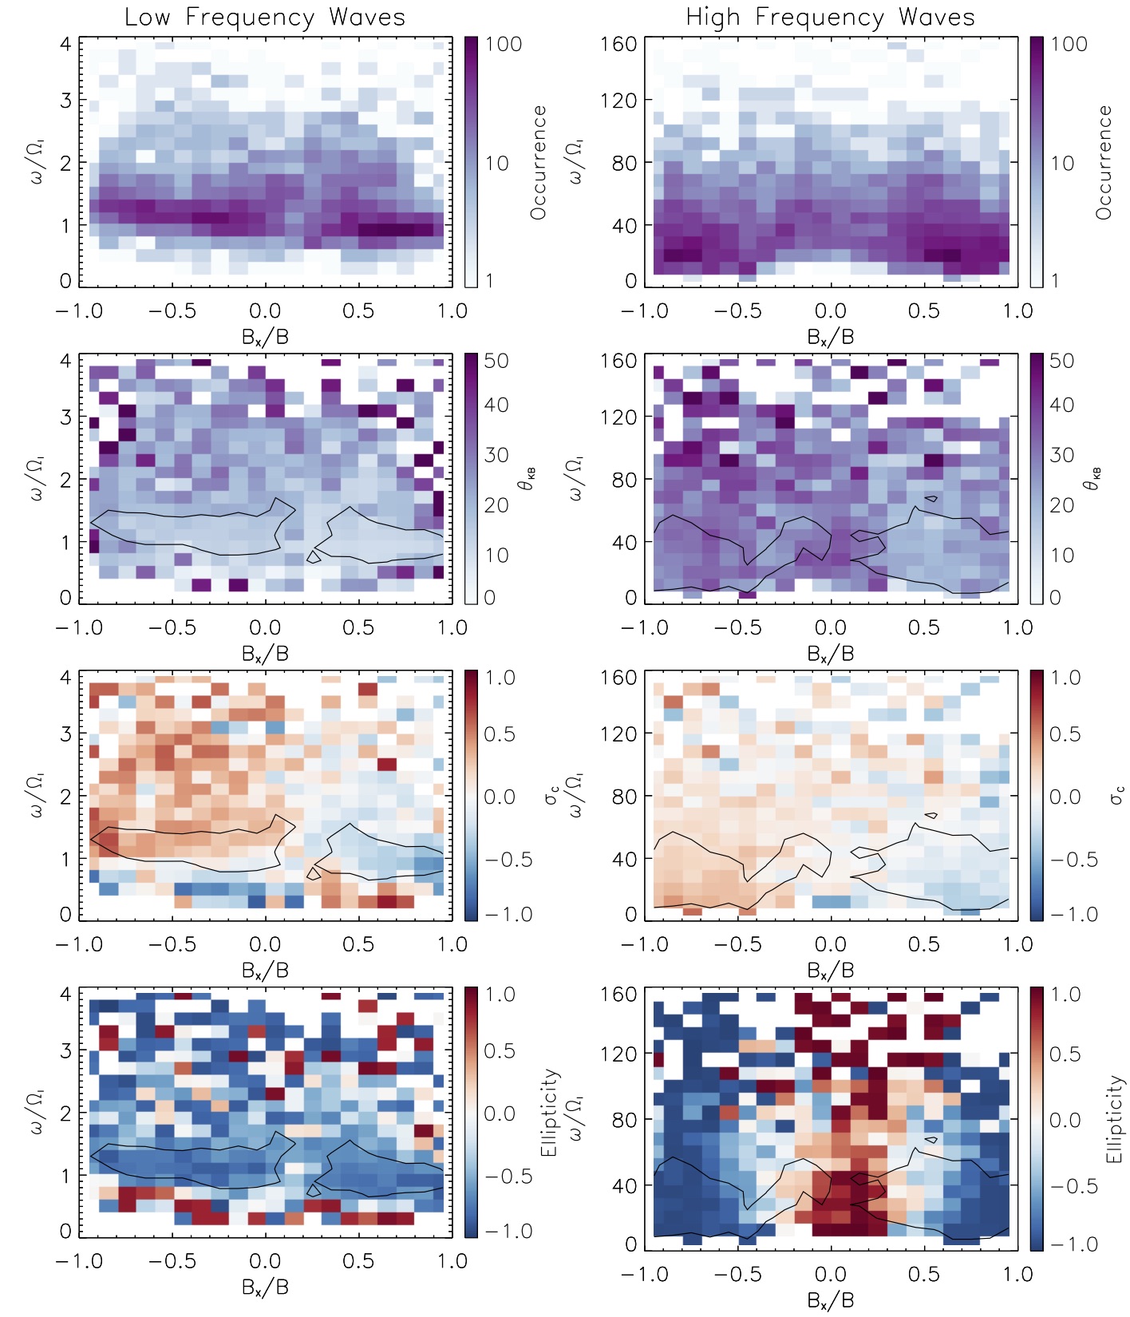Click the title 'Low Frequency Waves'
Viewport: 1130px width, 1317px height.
[265, 18]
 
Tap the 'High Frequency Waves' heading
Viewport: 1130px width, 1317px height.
[830, 18]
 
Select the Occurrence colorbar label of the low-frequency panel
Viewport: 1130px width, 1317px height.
[539, 163]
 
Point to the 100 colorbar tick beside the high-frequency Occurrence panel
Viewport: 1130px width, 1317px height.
[1069, 44]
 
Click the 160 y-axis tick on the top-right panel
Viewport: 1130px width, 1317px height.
[619, 44]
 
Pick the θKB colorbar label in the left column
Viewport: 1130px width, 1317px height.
[530, 479]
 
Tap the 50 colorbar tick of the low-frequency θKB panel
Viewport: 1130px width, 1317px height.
[496, 361]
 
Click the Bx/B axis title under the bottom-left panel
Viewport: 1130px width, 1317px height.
[265, 1287]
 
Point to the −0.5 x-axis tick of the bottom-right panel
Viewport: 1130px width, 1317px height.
[737, 1275]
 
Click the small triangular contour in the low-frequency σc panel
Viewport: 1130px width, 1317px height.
[314, 874]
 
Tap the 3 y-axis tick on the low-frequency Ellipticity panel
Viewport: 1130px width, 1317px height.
[66, 1050]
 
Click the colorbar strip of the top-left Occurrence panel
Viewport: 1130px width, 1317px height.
[472, 163]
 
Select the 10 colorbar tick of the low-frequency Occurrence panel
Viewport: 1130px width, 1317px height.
[497, 164]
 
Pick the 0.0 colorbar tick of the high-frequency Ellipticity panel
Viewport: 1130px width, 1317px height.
[1065, 1120]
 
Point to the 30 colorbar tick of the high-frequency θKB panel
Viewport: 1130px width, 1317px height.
[1062, 455]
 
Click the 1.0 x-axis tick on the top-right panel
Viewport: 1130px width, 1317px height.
[1017, 311]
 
